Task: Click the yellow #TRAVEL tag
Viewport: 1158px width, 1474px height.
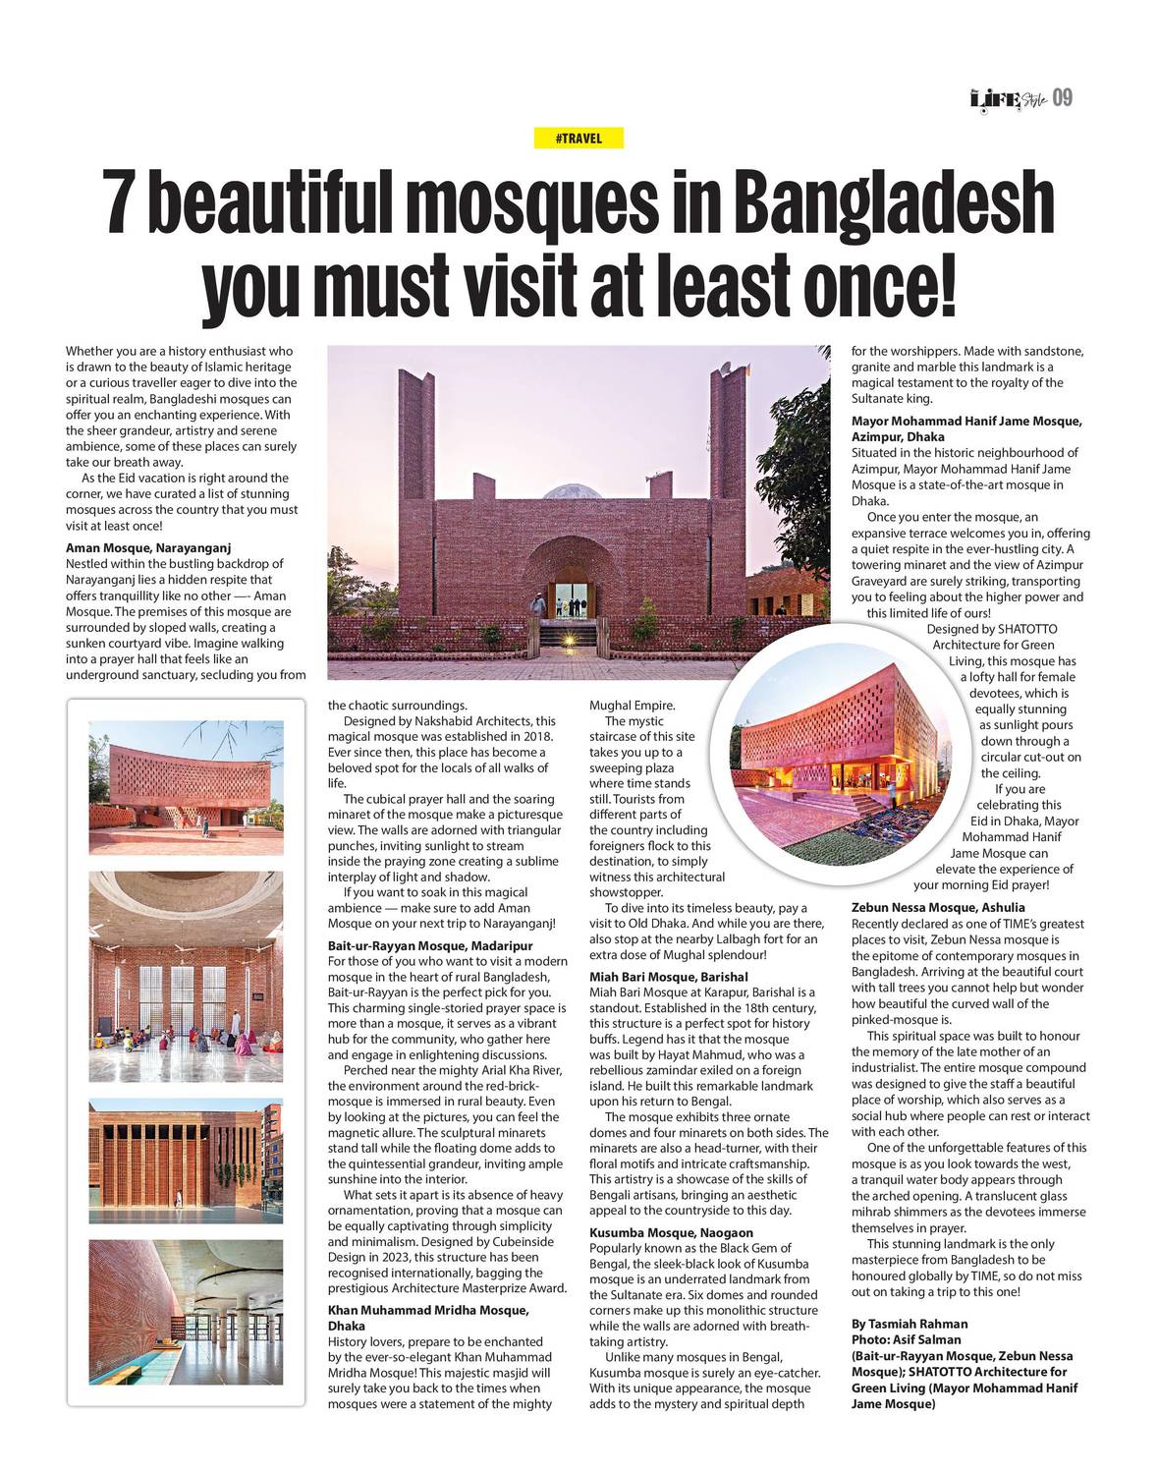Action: (x=579, y=139)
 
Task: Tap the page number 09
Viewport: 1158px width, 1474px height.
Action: (x=1062, y=98)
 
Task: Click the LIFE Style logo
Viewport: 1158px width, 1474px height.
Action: (x=1007, y=98)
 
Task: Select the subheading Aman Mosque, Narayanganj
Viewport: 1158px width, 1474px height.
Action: (x=148, y=547)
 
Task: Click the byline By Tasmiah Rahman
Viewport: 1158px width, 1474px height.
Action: (x=910, y=1324)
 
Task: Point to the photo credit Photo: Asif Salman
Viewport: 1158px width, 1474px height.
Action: (x=906, y=1339)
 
